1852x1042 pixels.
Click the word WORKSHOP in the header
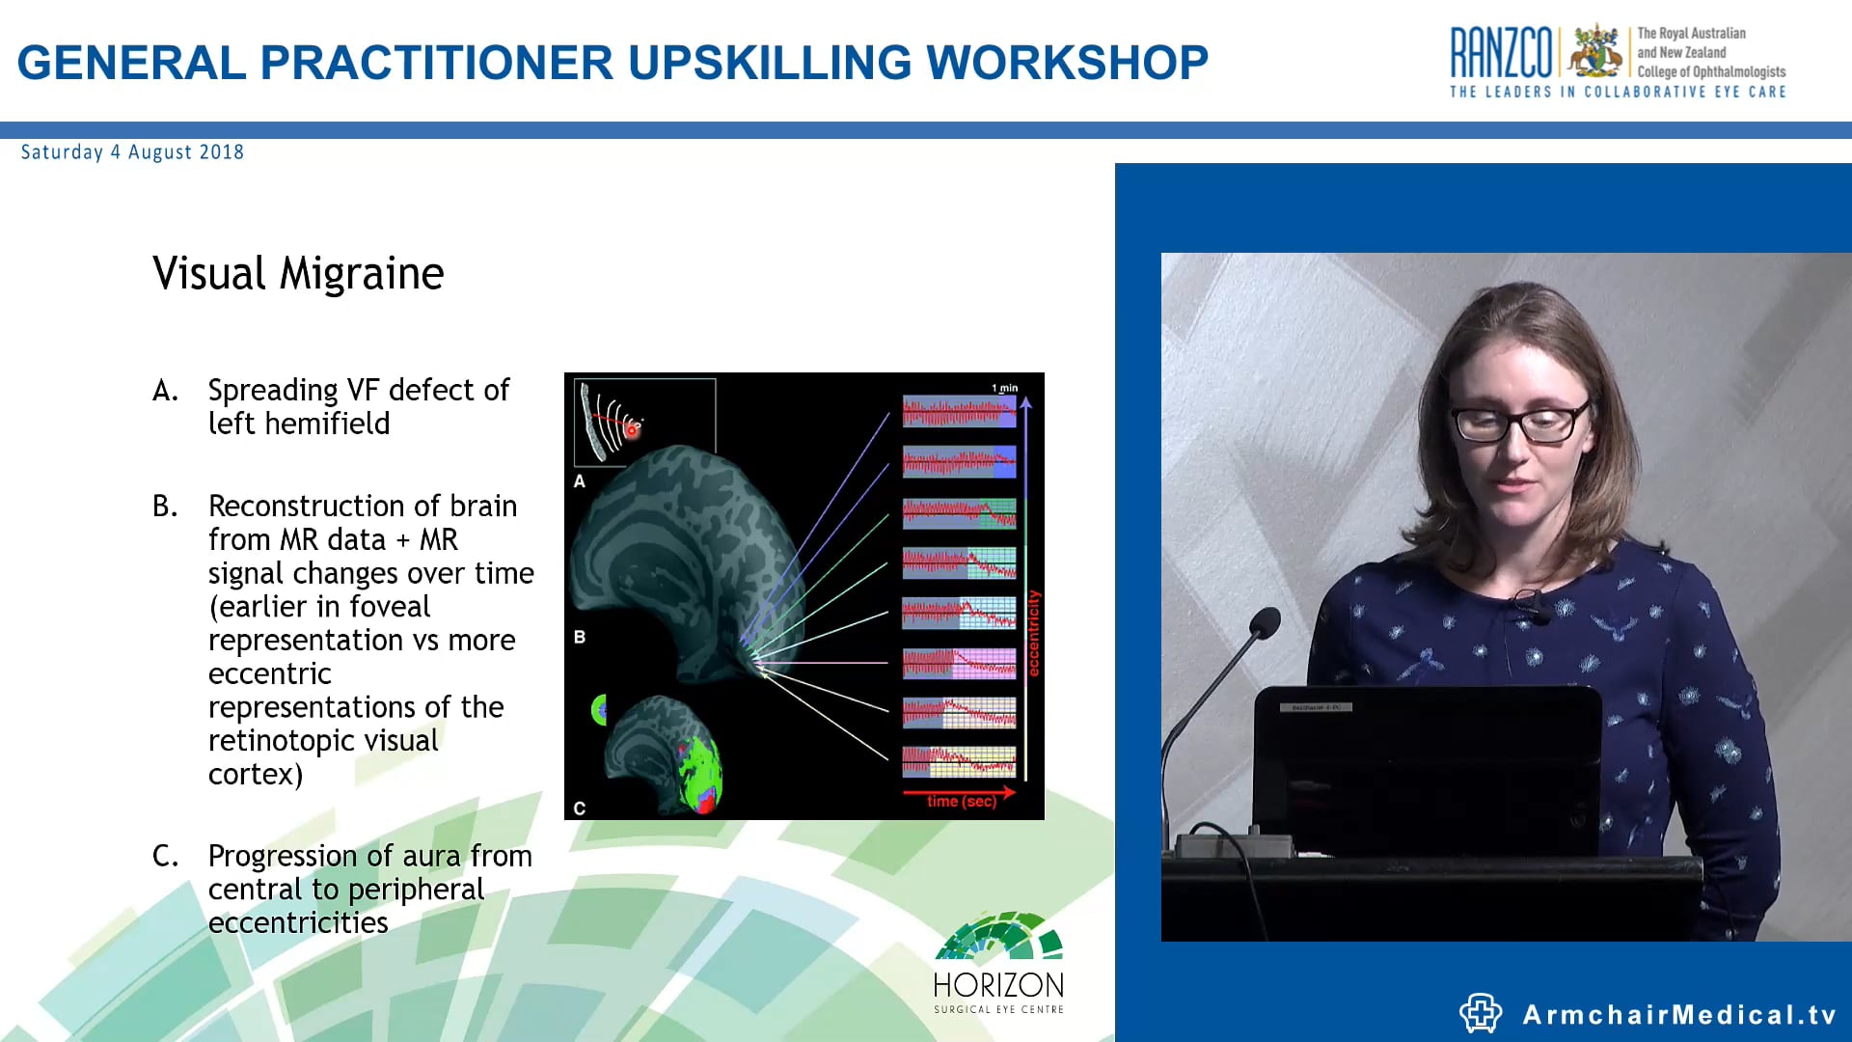click(x=1066, y=63)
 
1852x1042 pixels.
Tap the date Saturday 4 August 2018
click(x=132, y=152)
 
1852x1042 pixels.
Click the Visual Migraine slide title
click(x=298, y=273)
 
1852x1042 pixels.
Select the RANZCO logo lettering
click(x=1501, y=53)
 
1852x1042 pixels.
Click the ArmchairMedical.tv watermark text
click(x=1678, y=1015)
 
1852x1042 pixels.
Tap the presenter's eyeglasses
click(x=1522, y=423)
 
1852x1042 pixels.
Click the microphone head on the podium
click(x=1266, y=622)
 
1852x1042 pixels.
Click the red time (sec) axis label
click(x=961, y=802)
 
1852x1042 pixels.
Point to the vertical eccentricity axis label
click(x=1034, y=633)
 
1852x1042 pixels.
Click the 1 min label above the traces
click(x=1004, y=388)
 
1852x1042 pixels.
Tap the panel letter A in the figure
click(x=580, y=481)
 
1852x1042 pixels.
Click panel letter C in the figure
click(x=580, y=809)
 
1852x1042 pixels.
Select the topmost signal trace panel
click(x=959, y=412)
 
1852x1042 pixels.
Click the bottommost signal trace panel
click(x=959, y=762)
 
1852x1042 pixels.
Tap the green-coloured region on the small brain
click(x=697, y=767)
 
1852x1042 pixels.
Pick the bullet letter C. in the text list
click(x=165, y=857)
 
